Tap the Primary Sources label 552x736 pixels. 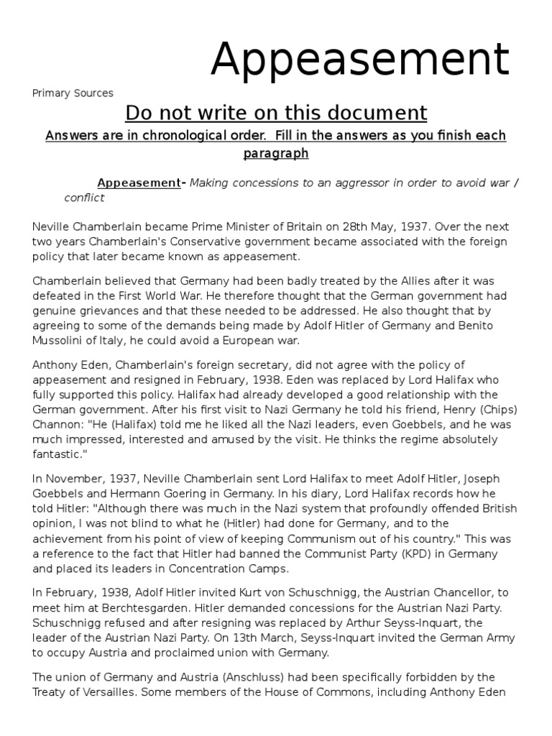click(x=73, y=93)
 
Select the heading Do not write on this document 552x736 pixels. click(x=276, y=113)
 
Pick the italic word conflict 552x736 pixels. click(x=85, y=198)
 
